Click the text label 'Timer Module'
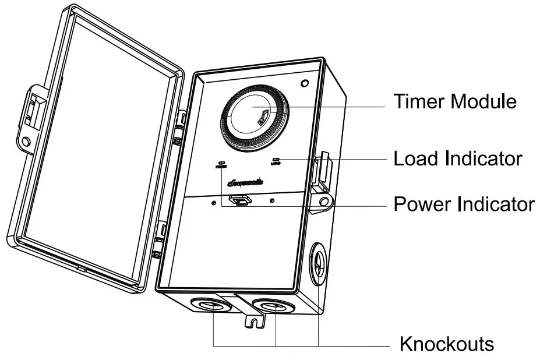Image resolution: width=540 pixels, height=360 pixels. coord(455,101)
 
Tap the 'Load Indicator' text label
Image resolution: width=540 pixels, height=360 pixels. coord(458,158)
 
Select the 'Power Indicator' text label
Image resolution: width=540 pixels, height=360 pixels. coord(464,204)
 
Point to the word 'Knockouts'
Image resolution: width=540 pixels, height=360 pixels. coord(447,344)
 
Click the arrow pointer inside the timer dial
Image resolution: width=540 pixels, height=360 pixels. coord(263,116)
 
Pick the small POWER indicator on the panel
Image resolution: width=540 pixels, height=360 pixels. coord(221,164)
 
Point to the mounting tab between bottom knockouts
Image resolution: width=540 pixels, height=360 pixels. coord(253,320)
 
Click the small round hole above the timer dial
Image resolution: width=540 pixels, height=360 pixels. coord(303,84)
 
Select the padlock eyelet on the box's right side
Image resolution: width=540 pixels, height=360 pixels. coord(325,202)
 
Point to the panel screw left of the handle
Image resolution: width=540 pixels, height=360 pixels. coord(215,203)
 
